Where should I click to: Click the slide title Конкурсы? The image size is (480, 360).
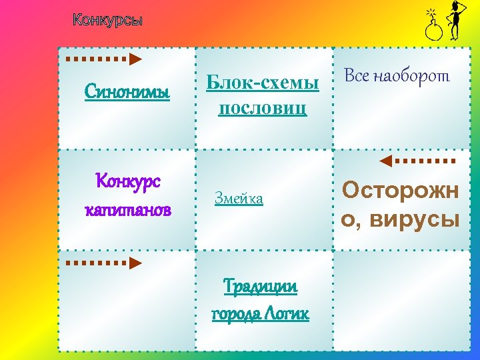[x=107, y=20]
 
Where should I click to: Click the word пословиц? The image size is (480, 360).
[x=263, y=107]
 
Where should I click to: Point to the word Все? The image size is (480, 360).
[x=357, y=76]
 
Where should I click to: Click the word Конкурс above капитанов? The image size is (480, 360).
[x=127, y=181]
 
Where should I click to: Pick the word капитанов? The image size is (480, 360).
[x=127, y=210]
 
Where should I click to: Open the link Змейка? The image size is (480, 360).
[x=239, y=198]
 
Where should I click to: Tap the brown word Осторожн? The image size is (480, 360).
[x=400, y=191]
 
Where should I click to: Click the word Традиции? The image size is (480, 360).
[x=261, y=287]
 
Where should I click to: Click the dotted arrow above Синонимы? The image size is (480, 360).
[x=104, y=59]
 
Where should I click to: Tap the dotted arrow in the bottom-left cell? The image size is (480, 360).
[x=104, y=263]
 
